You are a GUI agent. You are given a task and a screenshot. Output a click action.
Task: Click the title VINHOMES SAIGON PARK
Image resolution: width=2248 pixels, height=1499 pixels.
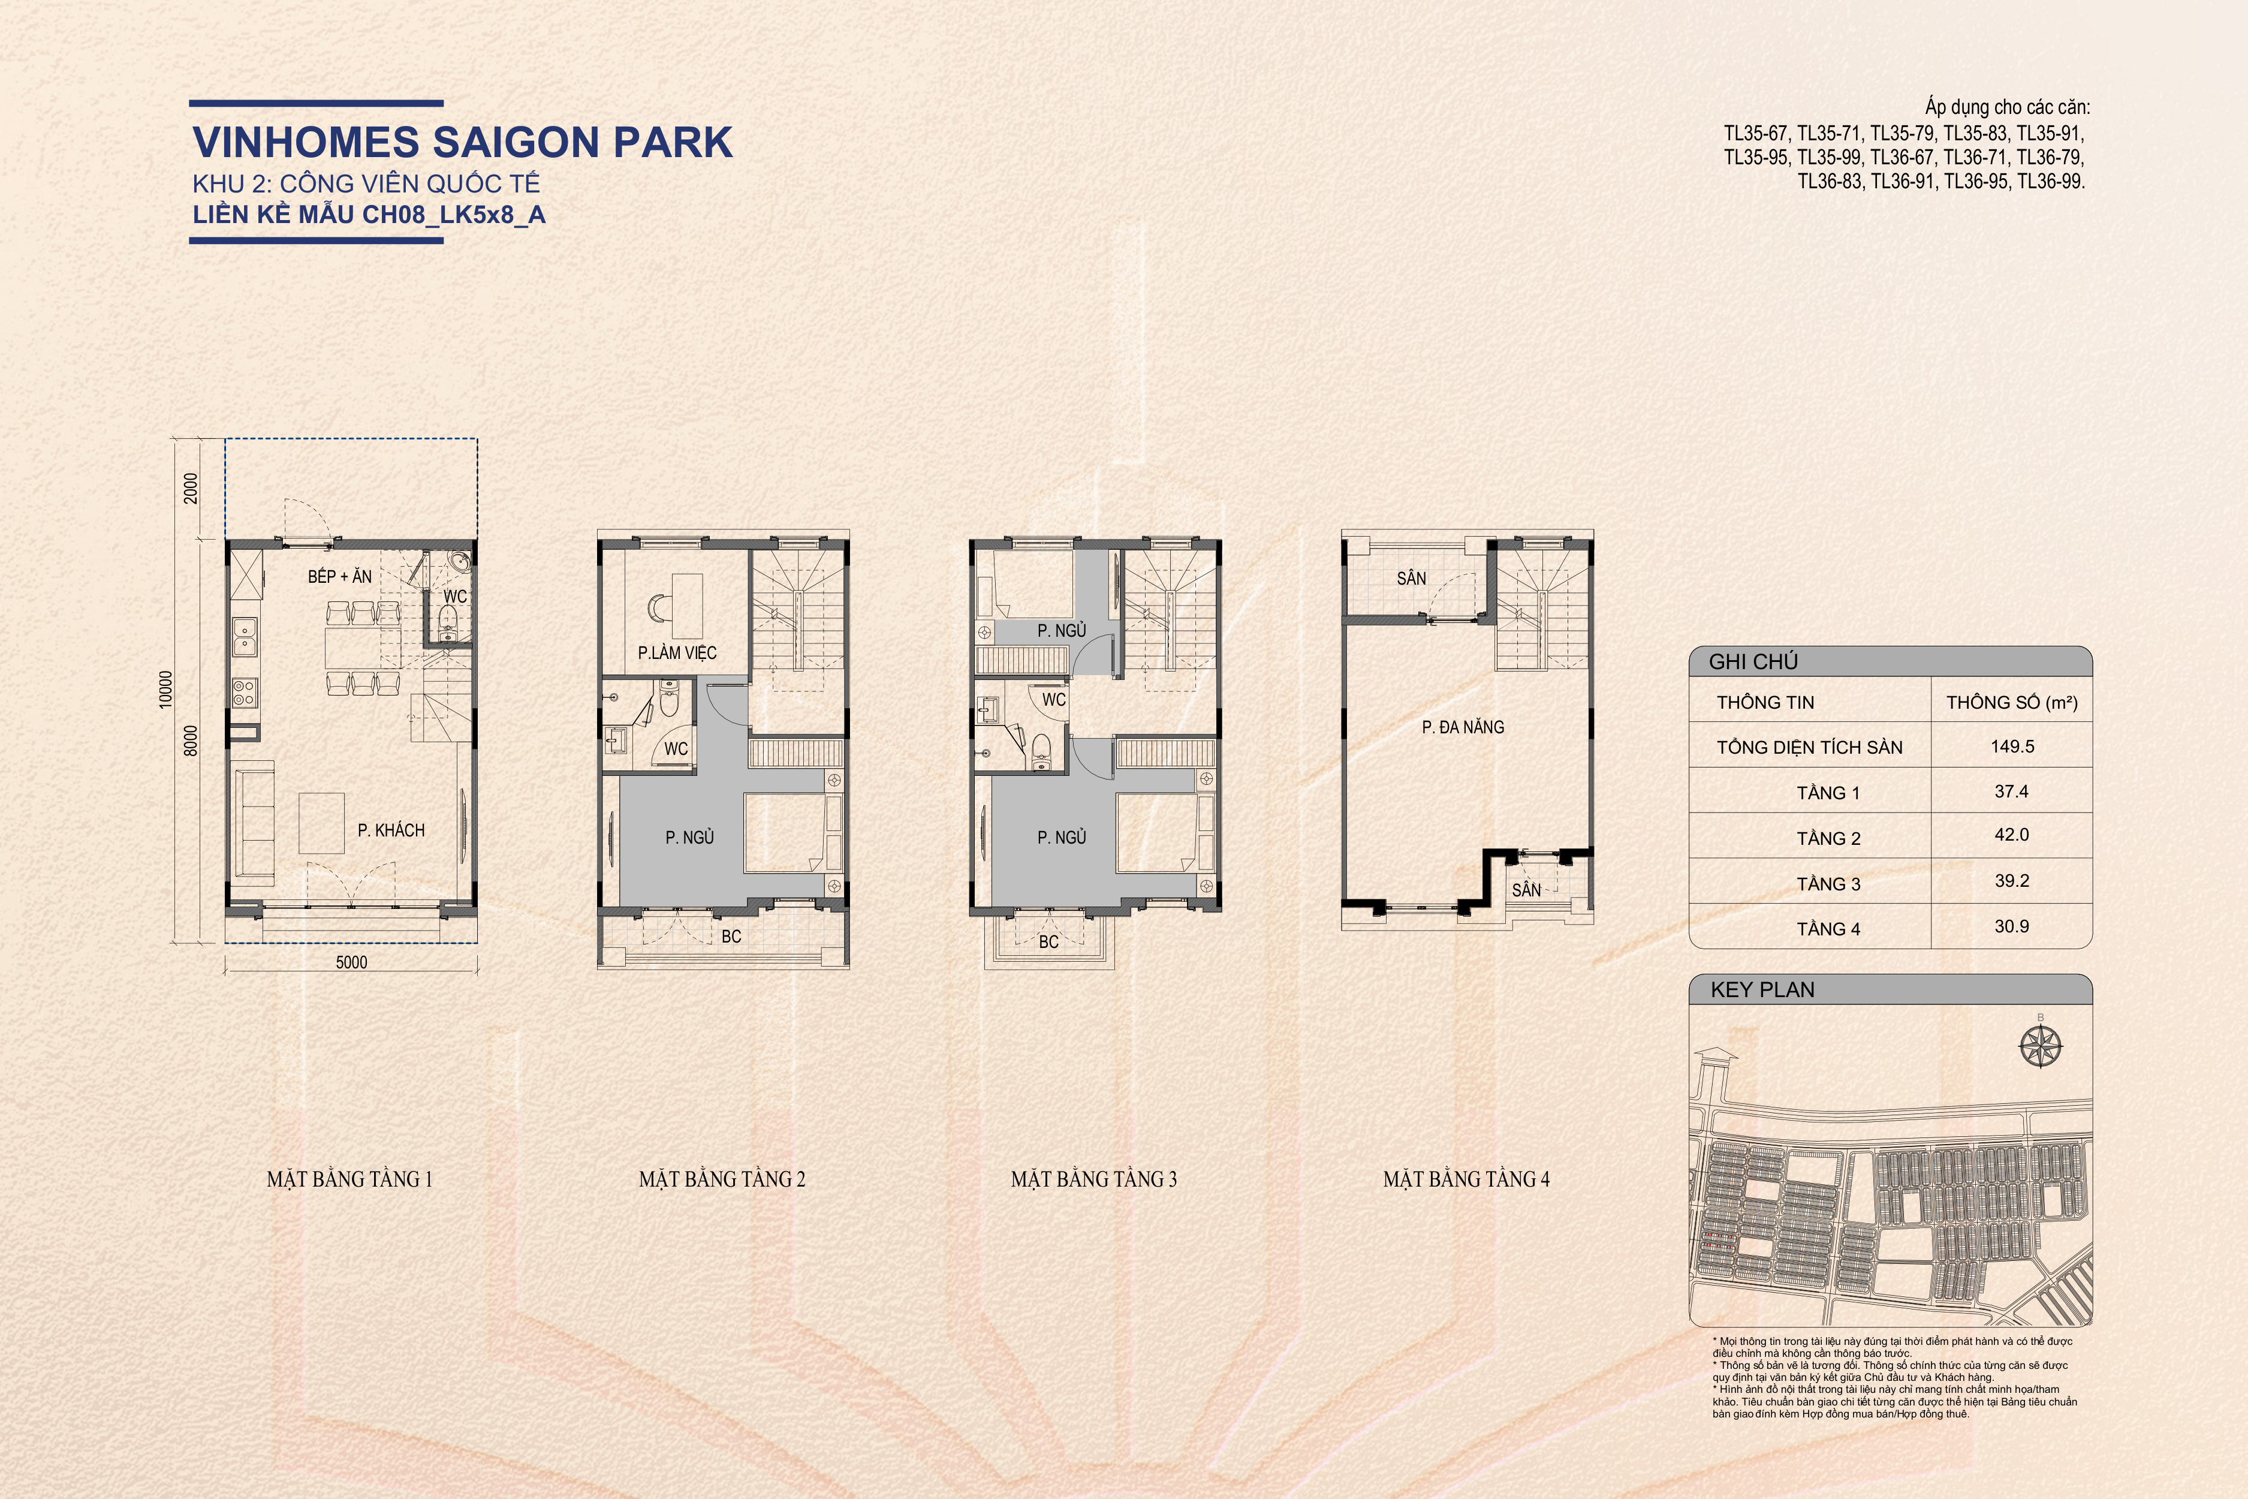(463, 142)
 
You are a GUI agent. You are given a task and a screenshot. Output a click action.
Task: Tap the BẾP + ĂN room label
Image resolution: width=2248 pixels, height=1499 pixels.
(339, 576)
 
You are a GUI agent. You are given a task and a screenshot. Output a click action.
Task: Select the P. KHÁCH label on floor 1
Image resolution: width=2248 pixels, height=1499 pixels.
(391, 830)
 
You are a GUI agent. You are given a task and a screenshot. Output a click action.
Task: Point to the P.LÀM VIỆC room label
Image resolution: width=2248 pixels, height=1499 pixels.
(677, 653)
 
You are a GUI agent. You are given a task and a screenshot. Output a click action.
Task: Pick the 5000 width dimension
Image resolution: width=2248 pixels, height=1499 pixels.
(351, 962)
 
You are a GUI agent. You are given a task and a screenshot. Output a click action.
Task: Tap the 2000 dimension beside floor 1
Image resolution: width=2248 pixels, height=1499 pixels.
(191, 489)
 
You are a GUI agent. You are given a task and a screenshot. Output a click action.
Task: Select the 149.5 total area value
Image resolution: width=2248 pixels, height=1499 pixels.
(2012, 747)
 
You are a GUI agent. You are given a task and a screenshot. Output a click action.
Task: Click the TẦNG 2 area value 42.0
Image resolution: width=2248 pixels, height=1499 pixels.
(2011, 835)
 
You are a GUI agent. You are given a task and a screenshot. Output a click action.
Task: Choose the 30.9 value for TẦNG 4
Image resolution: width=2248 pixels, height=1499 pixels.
(2011, 925)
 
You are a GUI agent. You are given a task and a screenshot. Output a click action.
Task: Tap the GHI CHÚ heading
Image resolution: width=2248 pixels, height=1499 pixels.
(1753, 661)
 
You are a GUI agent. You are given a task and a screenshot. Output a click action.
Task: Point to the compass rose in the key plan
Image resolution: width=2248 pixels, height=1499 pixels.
(2041, 1045)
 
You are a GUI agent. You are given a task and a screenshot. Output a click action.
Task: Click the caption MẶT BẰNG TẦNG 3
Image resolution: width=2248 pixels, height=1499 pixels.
(1093, 1179)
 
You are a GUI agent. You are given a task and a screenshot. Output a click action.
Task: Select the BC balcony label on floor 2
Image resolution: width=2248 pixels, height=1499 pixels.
(731, 936)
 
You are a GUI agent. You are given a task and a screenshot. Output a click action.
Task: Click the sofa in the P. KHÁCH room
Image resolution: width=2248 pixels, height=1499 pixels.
(254, 821)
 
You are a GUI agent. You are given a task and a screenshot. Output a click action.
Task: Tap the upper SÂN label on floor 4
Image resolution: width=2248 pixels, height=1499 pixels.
(1411, 579)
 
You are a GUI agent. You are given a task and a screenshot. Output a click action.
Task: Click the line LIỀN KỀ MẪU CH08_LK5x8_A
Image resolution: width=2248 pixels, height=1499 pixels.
(369, 213)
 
